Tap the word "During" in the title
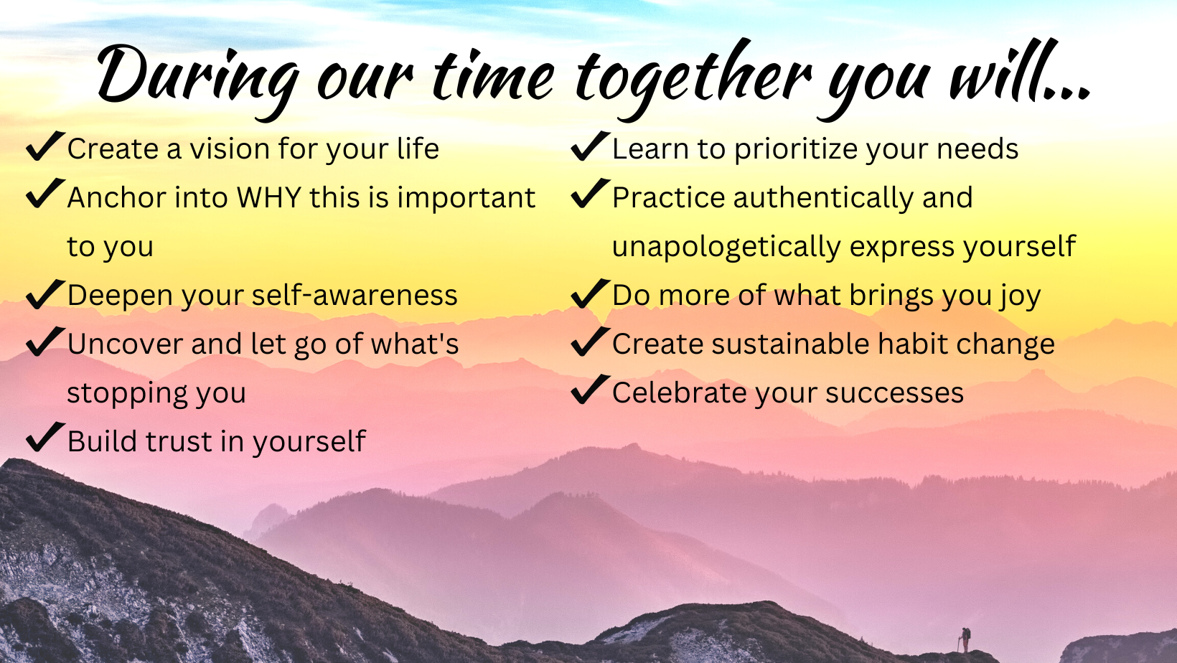(198, 79)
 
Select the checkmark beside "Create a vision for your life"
(45, 146)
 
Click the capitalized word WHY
(268, 198)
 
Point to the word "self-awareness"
(354, 295)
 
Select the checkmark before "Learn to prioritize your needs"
(591, 146)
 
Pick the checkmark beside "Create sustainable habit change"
(591, 342)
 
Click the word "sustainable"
(790, 344)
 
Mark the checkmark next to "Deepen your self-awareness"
(45, 293)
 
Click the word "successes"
(894, 394)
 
